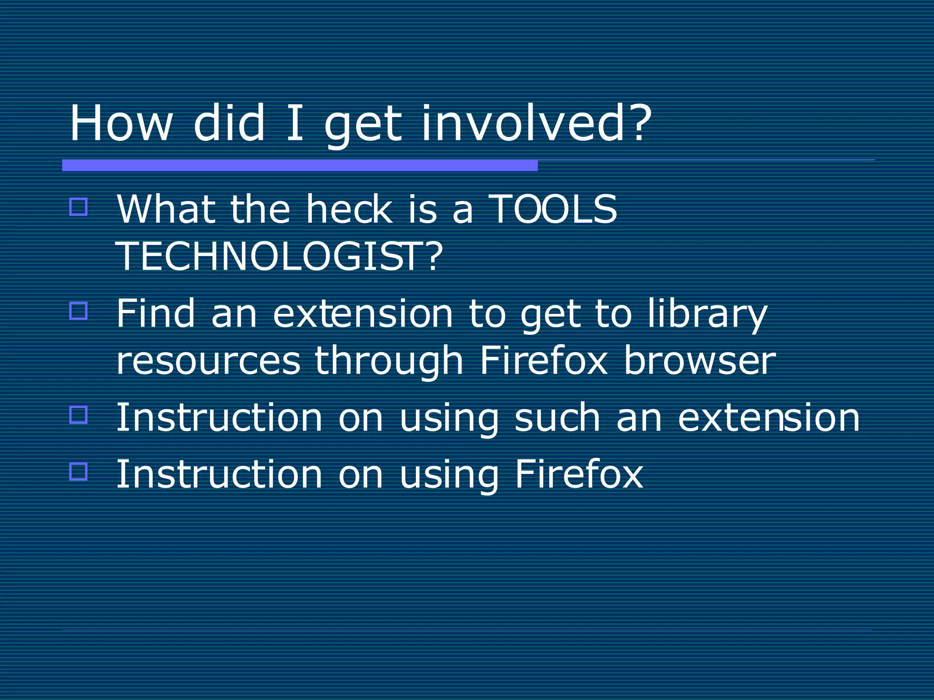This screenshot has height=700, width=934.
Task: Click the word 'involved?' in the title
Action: point(536,124)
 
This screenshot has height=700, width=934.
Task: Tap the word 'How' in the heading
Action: point(121,124)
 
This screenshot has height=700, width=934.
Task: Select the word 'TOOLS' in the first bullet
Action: point(553,209)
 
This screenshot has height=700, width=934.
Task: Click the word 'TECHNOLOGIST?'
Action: point(279,257)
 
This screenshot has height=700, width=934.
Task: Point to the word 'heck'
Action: point(349,209)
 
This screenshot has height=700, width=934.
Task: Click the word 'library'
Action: point(707,314)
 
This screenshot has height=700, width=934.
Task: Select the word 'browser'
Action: point(700,360)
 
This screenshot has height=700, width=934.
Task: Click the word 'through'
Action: point(389,361)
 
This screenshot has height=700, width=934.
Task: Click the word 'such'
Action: point(557,417)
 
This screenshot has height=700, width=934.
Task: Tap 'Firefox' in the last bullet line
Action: point(579,474)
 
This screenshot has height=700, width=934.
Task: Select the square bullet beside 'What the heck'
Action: point(78,207)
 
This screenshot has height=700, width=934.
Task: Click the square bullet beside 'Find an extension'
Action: point(78,311)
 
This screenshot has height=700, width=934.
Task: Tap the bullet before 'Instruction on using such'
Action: point(78,415)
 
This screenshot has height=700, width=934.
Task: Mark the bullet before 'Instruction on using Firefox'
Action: point(78,471)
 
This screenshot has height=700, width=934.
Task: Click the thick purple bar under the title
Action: point(300,165)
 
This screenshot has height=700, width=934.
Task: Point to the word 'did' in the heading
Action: point(229,124)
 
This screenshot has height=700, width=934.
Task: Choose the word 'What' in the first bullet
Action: point(166,209)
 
